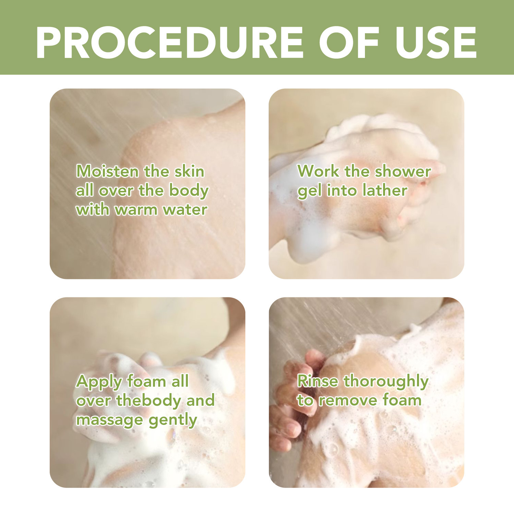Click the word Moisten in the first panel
107,171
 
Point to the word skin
189,171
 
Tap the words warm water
161,209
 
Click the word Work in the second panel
318,171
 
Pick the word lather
385,190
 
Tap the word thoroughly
386,381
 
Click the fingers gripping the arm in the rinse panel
291,404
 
